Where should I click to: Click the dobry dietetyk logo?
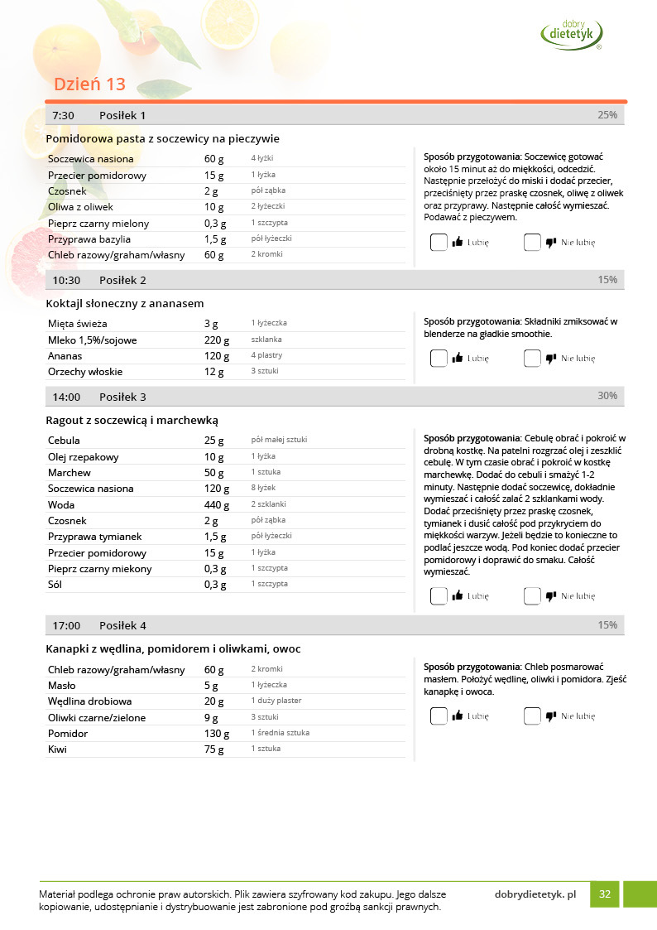571,33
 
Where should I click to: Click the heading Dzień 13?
89,84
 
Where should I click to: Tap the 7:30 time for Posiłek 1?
64,115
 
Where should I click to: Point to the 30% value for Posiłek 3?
607,396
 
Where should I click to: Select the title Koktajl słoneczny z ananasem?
125,303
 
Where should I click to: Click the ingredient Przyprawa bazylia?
89,239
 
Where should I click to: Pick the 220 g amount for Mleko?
217,340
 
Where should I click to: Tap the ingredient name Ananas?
65,355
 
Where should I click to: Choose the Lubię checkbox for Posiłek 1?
439,243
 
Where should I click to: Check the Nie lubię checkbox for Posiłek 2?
532,359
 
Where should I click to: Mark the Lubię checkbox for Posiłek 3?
439,595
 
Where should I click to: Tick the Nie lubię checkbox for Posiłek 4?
532,716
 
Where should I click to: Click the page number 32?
605,894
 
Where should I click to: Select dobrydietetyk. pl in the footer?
535,894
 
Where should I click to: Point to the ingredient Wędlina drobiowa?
90,701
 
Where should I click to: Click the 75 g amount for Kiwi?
213,749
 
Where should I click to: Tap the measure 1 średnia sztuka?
280,733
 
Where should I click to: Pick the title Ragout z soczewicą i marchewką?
132,420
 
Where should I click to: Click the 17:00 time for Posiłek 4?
66,625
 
